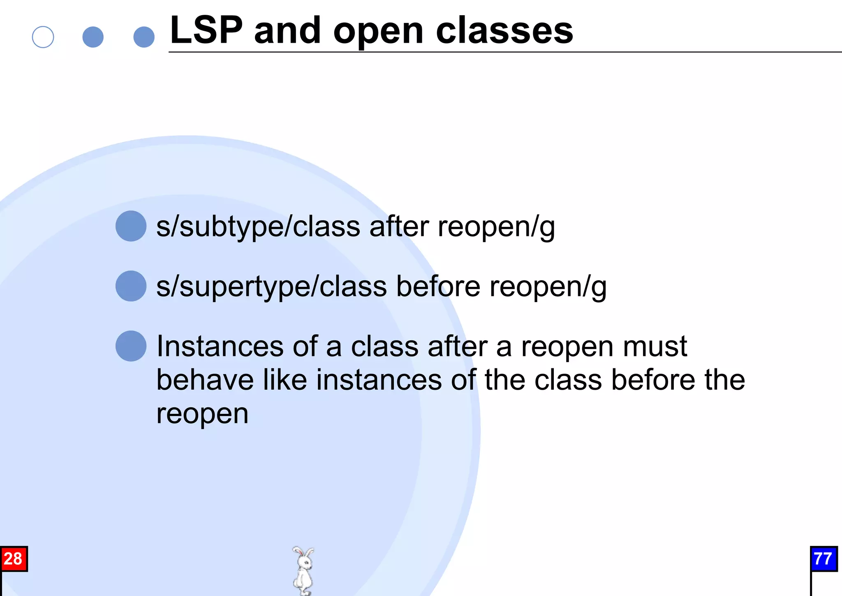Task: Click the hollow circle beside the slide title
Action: [43, 37]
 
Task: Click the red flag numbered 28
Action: [14, 559]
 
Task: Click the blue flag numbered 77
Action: [823, 559]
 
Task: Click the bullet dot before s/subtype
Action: [131, 226]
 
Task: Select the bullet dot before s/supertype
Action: [131, 286]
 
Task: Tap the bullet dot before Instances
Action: [131, 346]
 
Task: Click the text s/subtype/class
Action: [258, 227]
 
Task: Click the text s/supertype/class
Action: [271, 287]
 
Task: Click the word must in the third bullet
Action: [655, 347]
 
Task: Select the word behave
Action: [205, 380]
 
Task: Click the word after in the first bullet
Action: [399, 227]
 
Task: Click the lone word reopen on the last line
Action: [202, 414]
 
